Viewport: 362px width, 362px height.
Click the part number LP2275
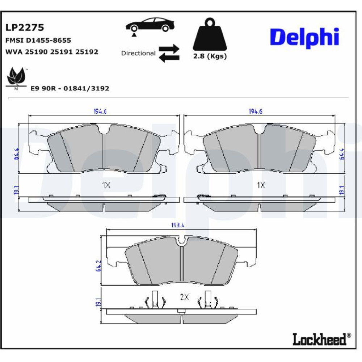coord(25,28)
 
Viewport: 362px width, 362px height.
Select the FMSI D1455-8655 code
coord(38,41)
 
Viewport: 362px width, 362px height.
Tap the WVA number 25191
coord(62,52)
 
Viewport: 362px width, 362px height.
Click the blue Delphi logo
coord(304,37)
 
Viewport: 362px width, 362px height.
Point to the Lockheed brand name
coord(320,340)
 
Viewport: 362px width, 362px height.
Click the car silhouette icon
coord(150,25)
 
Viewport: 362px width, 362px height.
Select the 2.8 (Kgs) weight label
coord(210,56)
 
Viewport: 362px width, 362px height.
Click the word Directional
coord(138,53)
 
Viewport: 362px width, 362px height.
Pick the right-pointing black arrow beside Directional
coord(169,49)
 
